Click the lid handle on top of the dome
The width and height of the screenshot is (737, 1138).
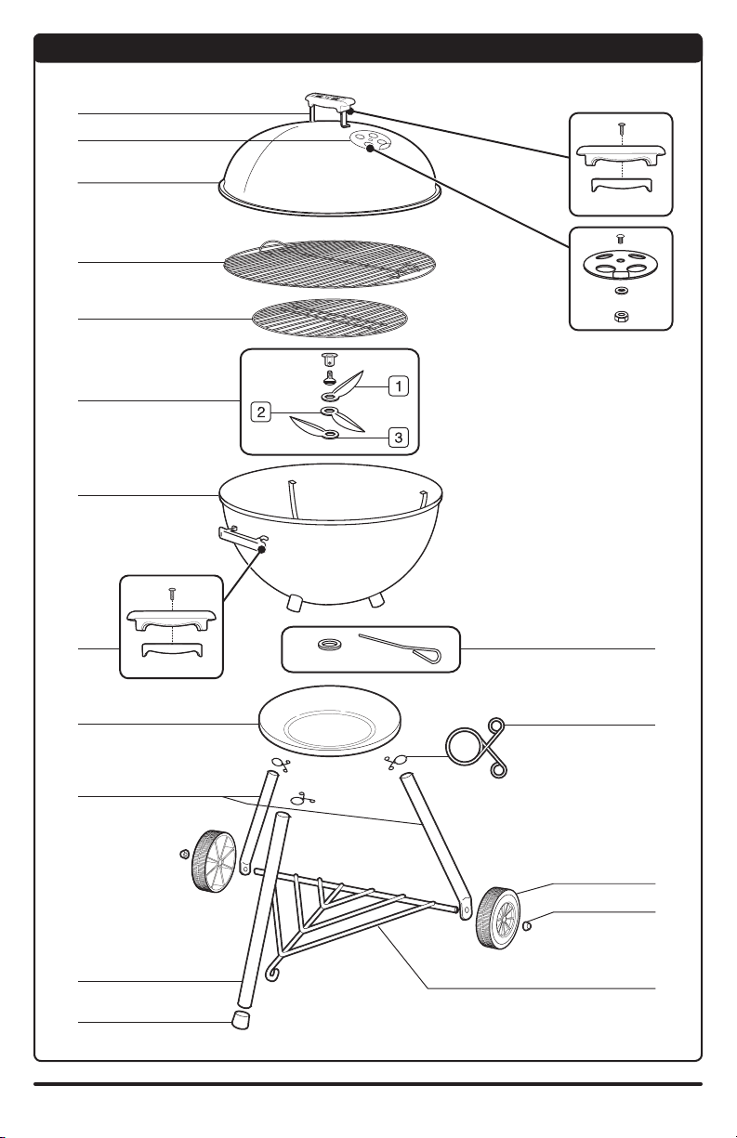click(329, 101)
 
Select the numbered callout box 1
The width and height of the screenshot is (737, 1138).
click(399, 386)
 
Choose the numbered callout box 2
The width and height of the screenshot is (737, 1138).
click(261, 412)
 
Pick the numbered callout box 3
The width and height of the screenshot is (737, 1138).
click(399, 437)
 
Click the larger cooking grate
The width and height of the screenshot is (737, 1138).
click(329, 264)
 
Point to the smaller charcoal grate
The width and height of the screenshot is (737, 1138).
click(329, 318)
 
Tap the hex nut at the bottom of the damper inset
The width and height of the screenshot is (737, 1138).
click(621, 317)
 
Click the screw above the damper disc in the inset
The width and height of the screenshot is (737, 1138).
click(620, 239)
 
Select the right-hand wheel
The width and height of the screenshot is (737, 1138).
click(498, 918)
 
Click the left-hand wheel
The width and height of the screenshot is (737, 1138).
click(214, 859)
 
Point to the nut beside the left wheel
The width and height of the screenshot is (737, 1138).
click(185, 854)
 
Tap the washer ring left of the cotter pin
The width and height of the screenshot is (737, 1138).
click(329, 645)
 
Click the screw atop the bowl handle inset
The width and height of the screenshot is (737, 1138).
click(173, 593)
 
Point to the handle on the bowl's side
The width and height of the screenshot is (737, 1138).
click(243, 538)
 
